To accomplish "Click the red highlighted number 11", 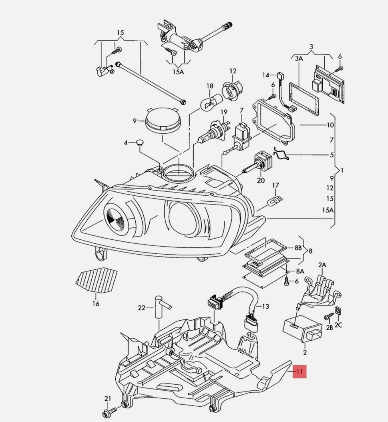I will (299, 371).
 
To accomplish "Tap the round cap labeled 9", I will (163, 120).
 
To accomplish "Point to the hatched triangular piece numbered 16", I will (96, 280).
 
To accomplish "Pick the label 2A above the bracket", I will (322, 265).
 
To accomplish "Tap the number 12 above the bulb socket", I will (233, 71).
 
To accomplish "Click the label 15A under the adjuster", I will (178, 72).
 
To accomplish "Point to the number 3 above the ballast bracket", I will (311, 47).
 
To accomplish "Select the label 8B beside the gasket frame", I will (298, 247).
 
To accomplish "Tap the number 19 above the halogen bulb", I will (224, 112).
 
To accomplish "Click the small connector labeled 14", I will (280, 75).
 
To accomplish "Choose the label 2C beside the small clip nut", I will (338, 325).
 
